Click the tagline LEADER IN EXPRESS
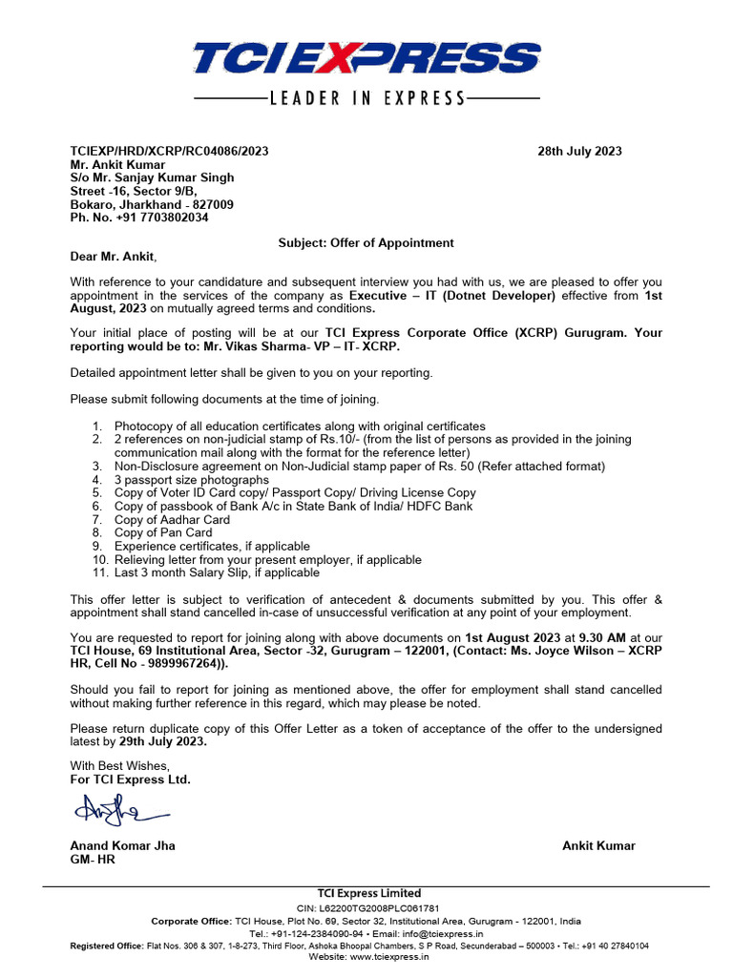(366, 97)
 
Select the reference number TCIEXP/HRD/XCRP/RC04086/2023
(170, 152)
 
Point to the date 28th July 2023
(579, 152)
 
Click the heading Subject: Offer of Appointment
(366, 243)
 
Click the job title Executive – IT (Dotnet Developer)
(451, 296)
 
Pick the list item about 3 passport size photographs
(191, 480)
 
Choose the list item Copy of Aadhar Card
(172, 520)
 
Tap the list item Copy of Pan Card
(163, 533)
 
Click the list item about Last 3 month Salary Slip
(217, 573)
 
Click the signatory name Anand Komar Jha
(122, 846)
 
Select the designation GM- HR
(93, 860)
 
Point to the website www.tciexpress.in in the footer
(392, 957)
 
